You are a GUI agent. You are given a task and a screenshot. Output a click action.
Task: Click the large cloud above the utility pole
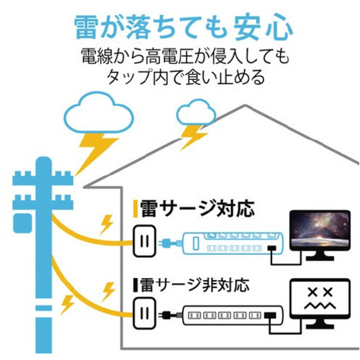(99, 112)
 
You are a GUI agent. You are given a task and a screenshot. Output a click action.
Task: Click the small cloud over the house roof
(196, 112)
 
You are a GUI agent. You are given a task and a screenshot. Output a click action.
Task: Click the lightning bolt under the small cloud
(193, 138)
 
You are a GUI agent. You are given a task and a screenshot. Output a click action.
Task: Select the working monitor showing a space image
(320, 235)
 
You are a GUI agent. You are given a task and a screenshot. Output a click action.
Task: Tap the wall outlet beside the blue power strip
(145, 241)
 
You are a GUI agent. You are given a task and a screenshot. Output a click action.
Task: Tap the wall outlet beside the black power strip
(145, 313)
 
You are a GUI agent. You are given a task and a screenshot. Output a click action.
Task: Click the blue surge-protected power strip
(233, 243)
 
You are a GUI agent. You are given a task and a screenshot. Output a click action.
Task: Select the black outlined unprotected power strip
(233, 315)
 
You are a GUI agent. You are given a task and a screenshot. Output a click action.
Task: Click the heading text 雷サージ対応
(197, 209)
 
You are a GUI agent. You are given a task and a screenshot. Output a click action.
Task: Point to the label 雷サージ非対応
(194, 285)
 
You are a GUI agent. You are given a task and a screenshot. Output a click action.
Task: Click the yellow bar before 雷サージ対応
(135, 209)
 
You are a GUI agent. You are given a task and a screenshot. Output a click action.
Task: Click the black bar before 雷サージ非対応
(135, 285)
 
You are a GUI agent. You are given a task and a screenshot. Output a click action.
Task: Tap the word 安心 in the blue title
(263, 27)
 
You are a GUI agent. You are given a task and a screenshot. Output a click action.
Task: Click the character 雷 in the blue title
(86, 27)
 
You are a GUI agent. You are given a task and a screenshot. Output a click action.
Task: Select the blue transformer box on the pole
(22, 223)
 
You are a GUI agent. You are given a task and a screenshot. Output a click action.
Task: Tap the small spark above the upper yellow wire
(107, 225)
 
